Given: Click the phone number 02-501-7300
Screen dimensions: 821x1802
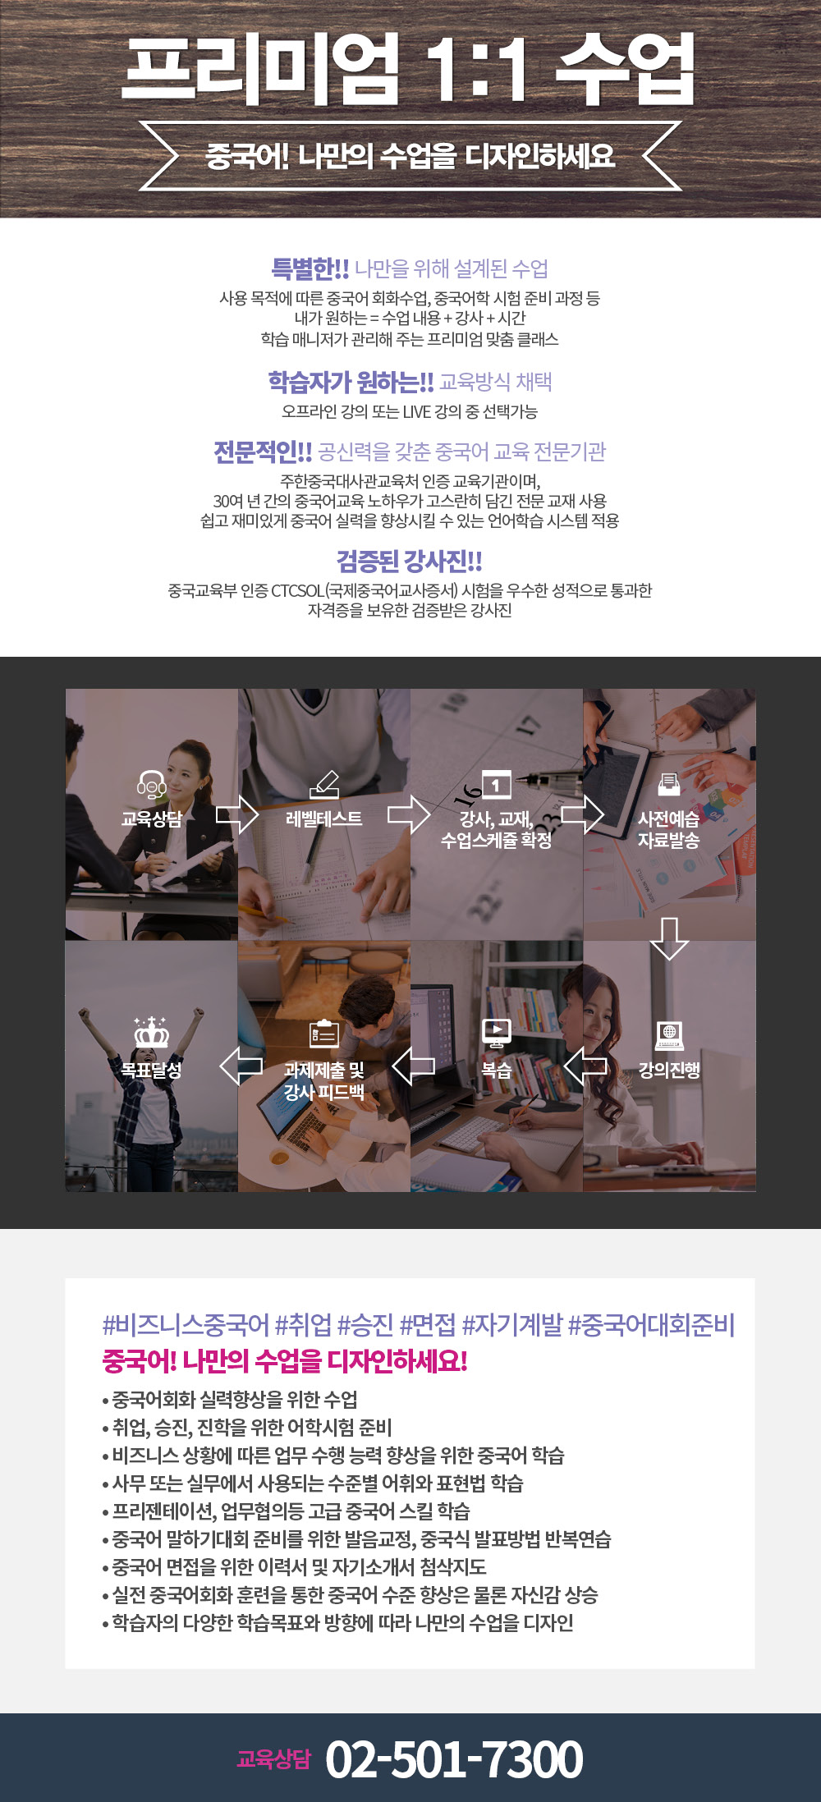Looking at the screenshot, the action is pyautogui.click(x=454, y=1759).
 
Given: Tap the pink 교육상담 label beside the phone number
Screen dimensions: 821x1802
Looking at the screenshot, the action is pyautogui.click(x=274, y=1758).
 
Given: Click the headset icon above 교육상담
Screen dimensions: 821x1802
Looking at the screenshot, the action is pyautogui.click(x=151, y=785).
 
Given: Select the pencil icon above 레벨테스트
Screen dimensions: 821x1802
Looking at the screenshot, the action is pyautogui.click(x=324, y=784).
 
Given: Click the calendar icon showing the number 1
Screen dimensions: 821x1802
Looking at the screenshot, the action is pyautogui.click(x=496, y=785).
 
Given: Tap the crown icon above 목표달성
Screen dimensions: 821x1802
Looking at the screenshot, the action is pyautogui.click(x=151, y=1032).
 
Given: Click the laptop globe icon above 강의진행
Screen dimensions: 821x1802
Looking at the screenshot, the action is pyautogui.click(x=669, y=1036).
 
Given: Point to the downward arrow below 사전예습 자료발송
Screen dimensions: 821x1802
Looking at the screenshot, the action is pyautogui.click(x=669, y=938).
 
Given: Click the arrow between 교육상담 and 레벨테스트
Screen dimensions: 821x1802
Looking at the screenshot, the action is pyautogui.click(x=237, y=814).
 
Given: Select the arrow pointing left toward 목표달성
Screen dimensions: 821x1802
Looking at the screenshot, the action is pyautogui.click(x=241, y=1066).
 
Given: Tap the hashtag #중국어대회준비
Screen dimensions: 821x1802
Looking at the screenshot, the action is pyautogui.click(x=651, y=1324).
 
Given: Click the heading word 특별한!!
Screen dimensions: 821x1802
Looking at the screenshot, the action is pyautogui.click(x=310, y=268).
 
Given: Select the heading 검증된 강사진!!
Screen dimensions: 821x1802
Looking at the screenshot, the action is pyautogui.click(x=410, y=562).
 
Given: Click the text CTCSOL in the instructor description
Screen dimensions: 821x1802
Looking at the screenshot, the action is pyautogui.click(x=298, y=590).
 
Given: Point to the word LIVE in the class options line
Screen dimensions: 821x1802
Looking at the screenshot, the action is pyautogui.click(x=419, y=411).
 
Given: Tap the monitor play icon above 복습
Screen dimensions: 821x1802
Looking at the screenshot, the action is pyautogui.click(x=496, y=1034).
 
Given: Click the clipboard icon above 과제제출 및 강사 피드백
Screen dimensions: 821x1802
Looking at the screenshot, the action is pyautogui.click(x=324, y=1034).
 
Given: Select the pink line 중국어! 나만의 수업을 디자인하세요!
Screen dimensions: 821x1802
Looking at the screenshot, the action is pyautogui.click(x=285, y=1361).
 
